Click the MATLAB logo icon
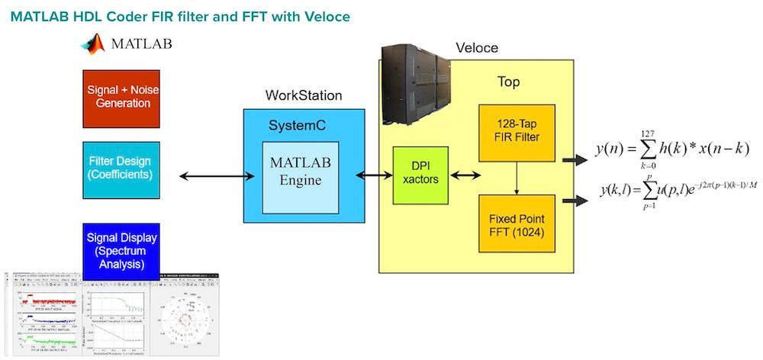click(93, 43)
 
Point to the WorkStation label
click(303, 95)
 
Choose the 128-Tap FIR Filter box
click(516, 133)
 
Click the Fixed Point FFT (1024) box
click(516, 223)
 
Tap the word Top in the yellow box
click(510, 82)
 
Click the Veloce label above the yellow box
click(476, 48)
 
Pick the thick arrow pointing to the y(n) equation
click(572, 159)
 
